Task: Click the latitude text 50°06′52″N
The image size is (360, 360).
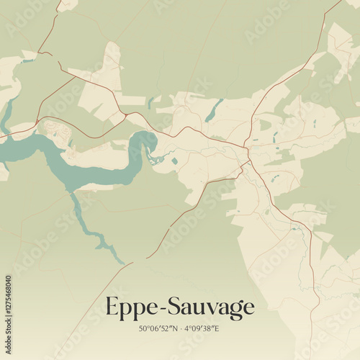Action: (159, 328)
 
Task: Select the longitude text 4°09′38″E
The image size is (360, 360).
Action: (201, 328)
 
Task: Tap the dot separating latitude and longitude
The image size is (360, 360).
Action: (180, 328)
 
